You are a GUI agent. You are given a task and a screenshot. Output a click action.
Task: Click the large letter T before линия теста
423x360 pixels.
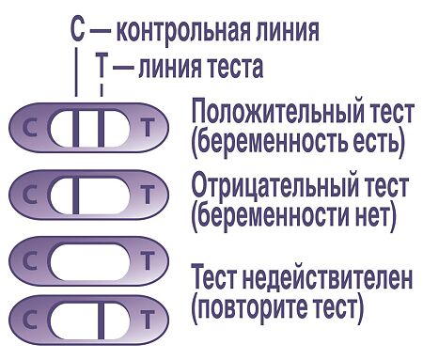click(101, 65)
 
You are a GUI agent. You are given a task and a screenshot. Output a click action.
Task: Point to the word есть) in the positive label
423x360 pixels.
click(379, 142)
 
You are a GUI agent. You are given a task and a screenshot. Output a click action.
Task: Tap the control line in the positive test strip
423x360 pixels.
click(75, 128)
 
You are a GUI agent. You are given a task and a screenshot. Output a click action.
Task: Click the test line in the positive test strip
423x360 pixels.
click(101, 128)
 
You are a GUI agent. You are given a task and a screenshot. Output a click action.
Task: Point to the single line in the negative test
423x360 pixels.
click(75, 196)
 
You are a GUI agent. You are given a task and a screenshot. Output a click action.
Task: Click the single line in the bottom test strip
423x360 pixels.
click(101, 321)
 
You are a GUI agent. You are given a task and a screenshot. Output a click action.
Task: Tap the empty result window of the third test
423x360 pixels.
click(89, 262)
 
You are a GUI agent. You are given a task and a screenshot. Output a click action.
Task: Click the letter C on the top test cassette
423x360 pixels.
click(30, 128)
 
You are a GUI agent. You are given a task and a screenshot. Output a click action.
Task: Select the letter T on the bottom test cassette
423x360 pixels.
click(148, 320)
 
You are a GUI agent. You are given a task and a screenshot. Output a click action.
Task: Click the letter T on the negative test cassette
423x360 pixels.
click(148, 195)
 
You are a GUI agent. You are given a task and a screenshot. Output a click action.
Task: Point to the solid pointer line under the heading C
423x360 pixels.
click(75, 71)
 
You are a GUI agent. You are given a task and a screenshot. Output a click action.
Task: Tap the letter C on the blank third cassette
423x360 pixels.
click(30, 261)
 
